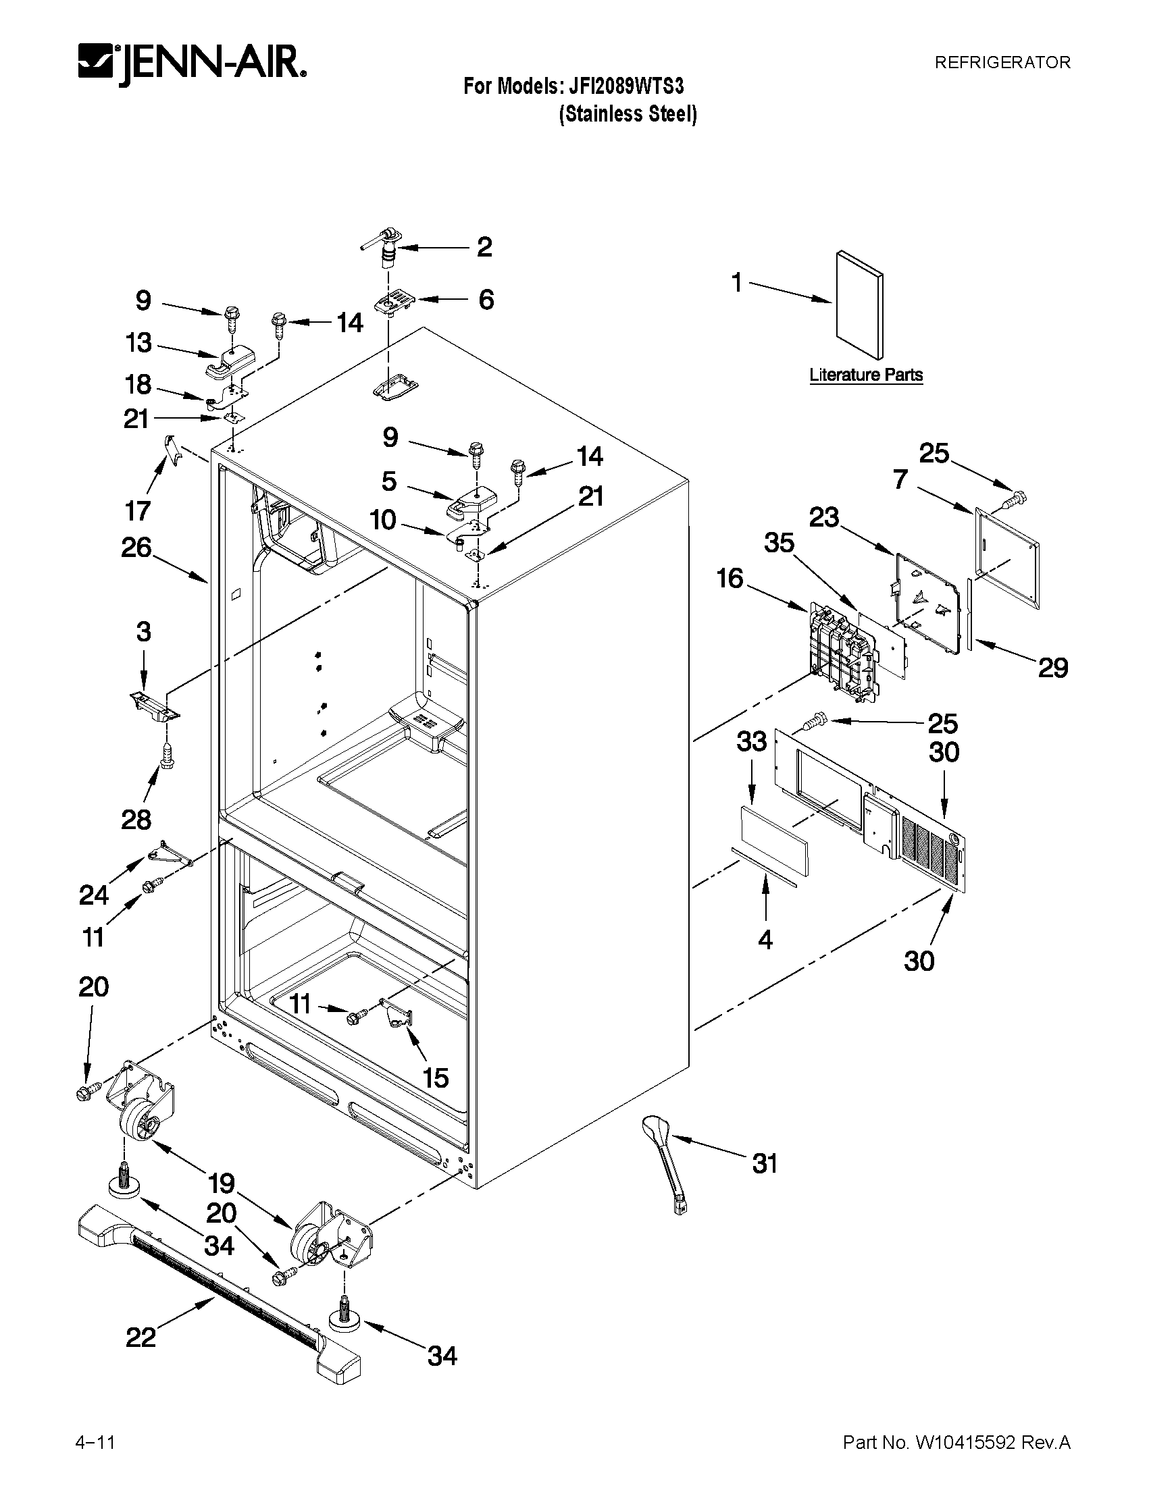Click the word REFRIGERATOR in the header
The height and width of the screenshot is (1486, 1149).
click(x=1002, y=63)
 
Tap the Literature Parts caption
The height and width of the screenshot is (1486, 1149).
click(x=866, y=375)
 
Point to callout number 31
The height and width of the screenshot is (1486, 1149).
click(x=765, y=1163)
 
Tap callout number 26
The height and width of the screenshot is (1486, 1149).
click(x=136, y=548)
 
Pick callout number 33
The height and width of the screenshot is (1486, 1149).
click(x=752, y=741)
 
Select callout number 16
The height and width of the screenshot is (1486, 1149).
click(x=730, y=579)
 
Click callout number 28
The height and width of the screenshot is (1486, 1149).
click(x=136, y=820)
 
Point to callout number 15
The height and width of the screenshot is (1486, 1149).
click(x=436, y=1078)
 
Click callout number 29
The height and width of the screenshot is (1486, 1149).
click(x=1052, y=668)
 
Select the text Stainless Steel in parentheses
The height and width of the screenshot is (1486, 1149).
click(x=628, y=113)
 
